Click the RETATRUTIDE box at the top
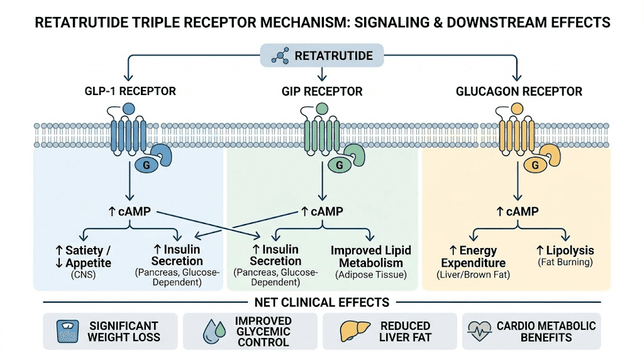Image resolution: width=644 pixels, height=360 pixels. coord(322,56)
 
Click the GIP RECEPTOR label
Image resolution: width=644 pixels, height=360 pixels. coord(323,91)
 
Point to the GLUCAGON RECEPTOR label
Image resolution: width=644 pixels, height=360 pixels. coord(519,91)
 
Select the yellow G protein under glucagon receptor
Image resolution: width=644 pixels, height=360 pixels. coord(535,165)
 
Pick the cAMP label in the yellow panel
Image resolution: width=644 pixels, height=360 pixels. coord(517,211)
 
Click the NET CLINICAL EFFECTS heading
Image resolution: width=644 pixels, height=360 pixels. coord(321,302)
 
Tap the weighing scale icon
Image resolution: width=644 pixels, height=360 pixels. coord(66,330)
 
